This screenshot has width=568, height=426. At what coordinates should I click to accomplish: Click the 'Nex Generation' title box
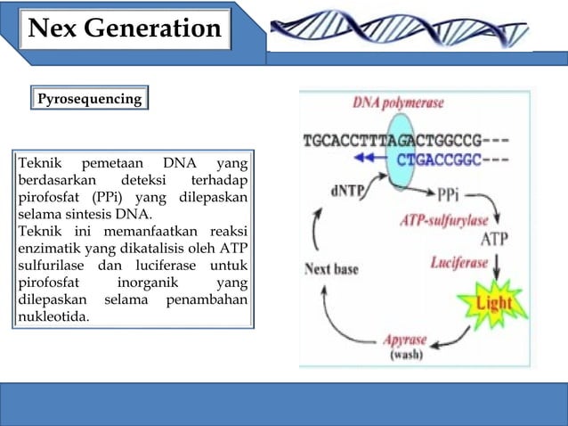coord(125,29)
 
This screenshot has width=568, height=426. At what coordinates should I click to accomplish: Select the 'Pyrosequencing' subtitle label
coord(89,98)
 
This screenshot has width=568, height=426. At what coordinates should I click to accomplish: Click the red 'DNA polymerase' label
coord(398,102)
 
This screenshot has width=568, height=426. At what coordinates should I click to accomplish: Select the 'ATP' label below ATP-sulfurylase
coord(495,239)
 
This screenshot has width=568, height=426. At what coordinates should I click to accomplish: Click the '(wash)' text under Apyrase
coord(406,354)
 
